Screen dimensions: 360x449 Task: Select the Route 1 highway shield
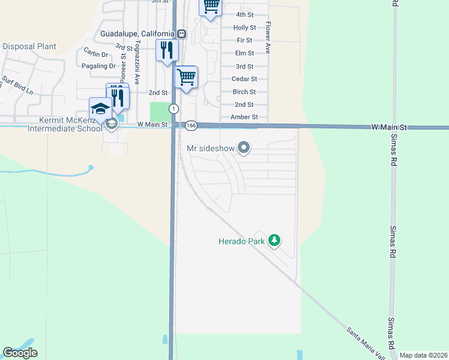click(173, 109)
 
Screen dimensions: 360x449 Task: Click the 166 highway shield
click(191, 125)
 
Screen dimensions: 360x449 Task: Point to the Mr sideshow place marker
click(243, 147)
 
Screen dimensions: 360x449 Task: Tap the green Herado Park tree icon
click(274, 241)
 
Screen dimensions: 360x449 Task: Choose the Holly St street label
click(244, 28)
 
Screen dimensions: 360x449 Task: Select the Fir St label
click(244, 40)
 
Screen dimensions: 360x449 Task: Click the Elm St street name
click(244, 53)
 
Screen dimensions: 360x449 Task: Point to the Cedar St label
click(244, 79)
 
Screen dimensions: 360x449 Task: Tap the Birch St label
click(244, 92)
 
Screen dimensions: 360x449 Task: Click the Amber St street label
click(244, 117)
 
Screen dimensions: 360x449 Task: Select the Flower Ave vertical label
click(268, 38)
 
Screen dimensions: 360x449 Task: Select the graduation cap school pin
click(101, 109)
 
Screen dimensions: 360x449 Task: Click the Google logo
click(20, 353)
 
